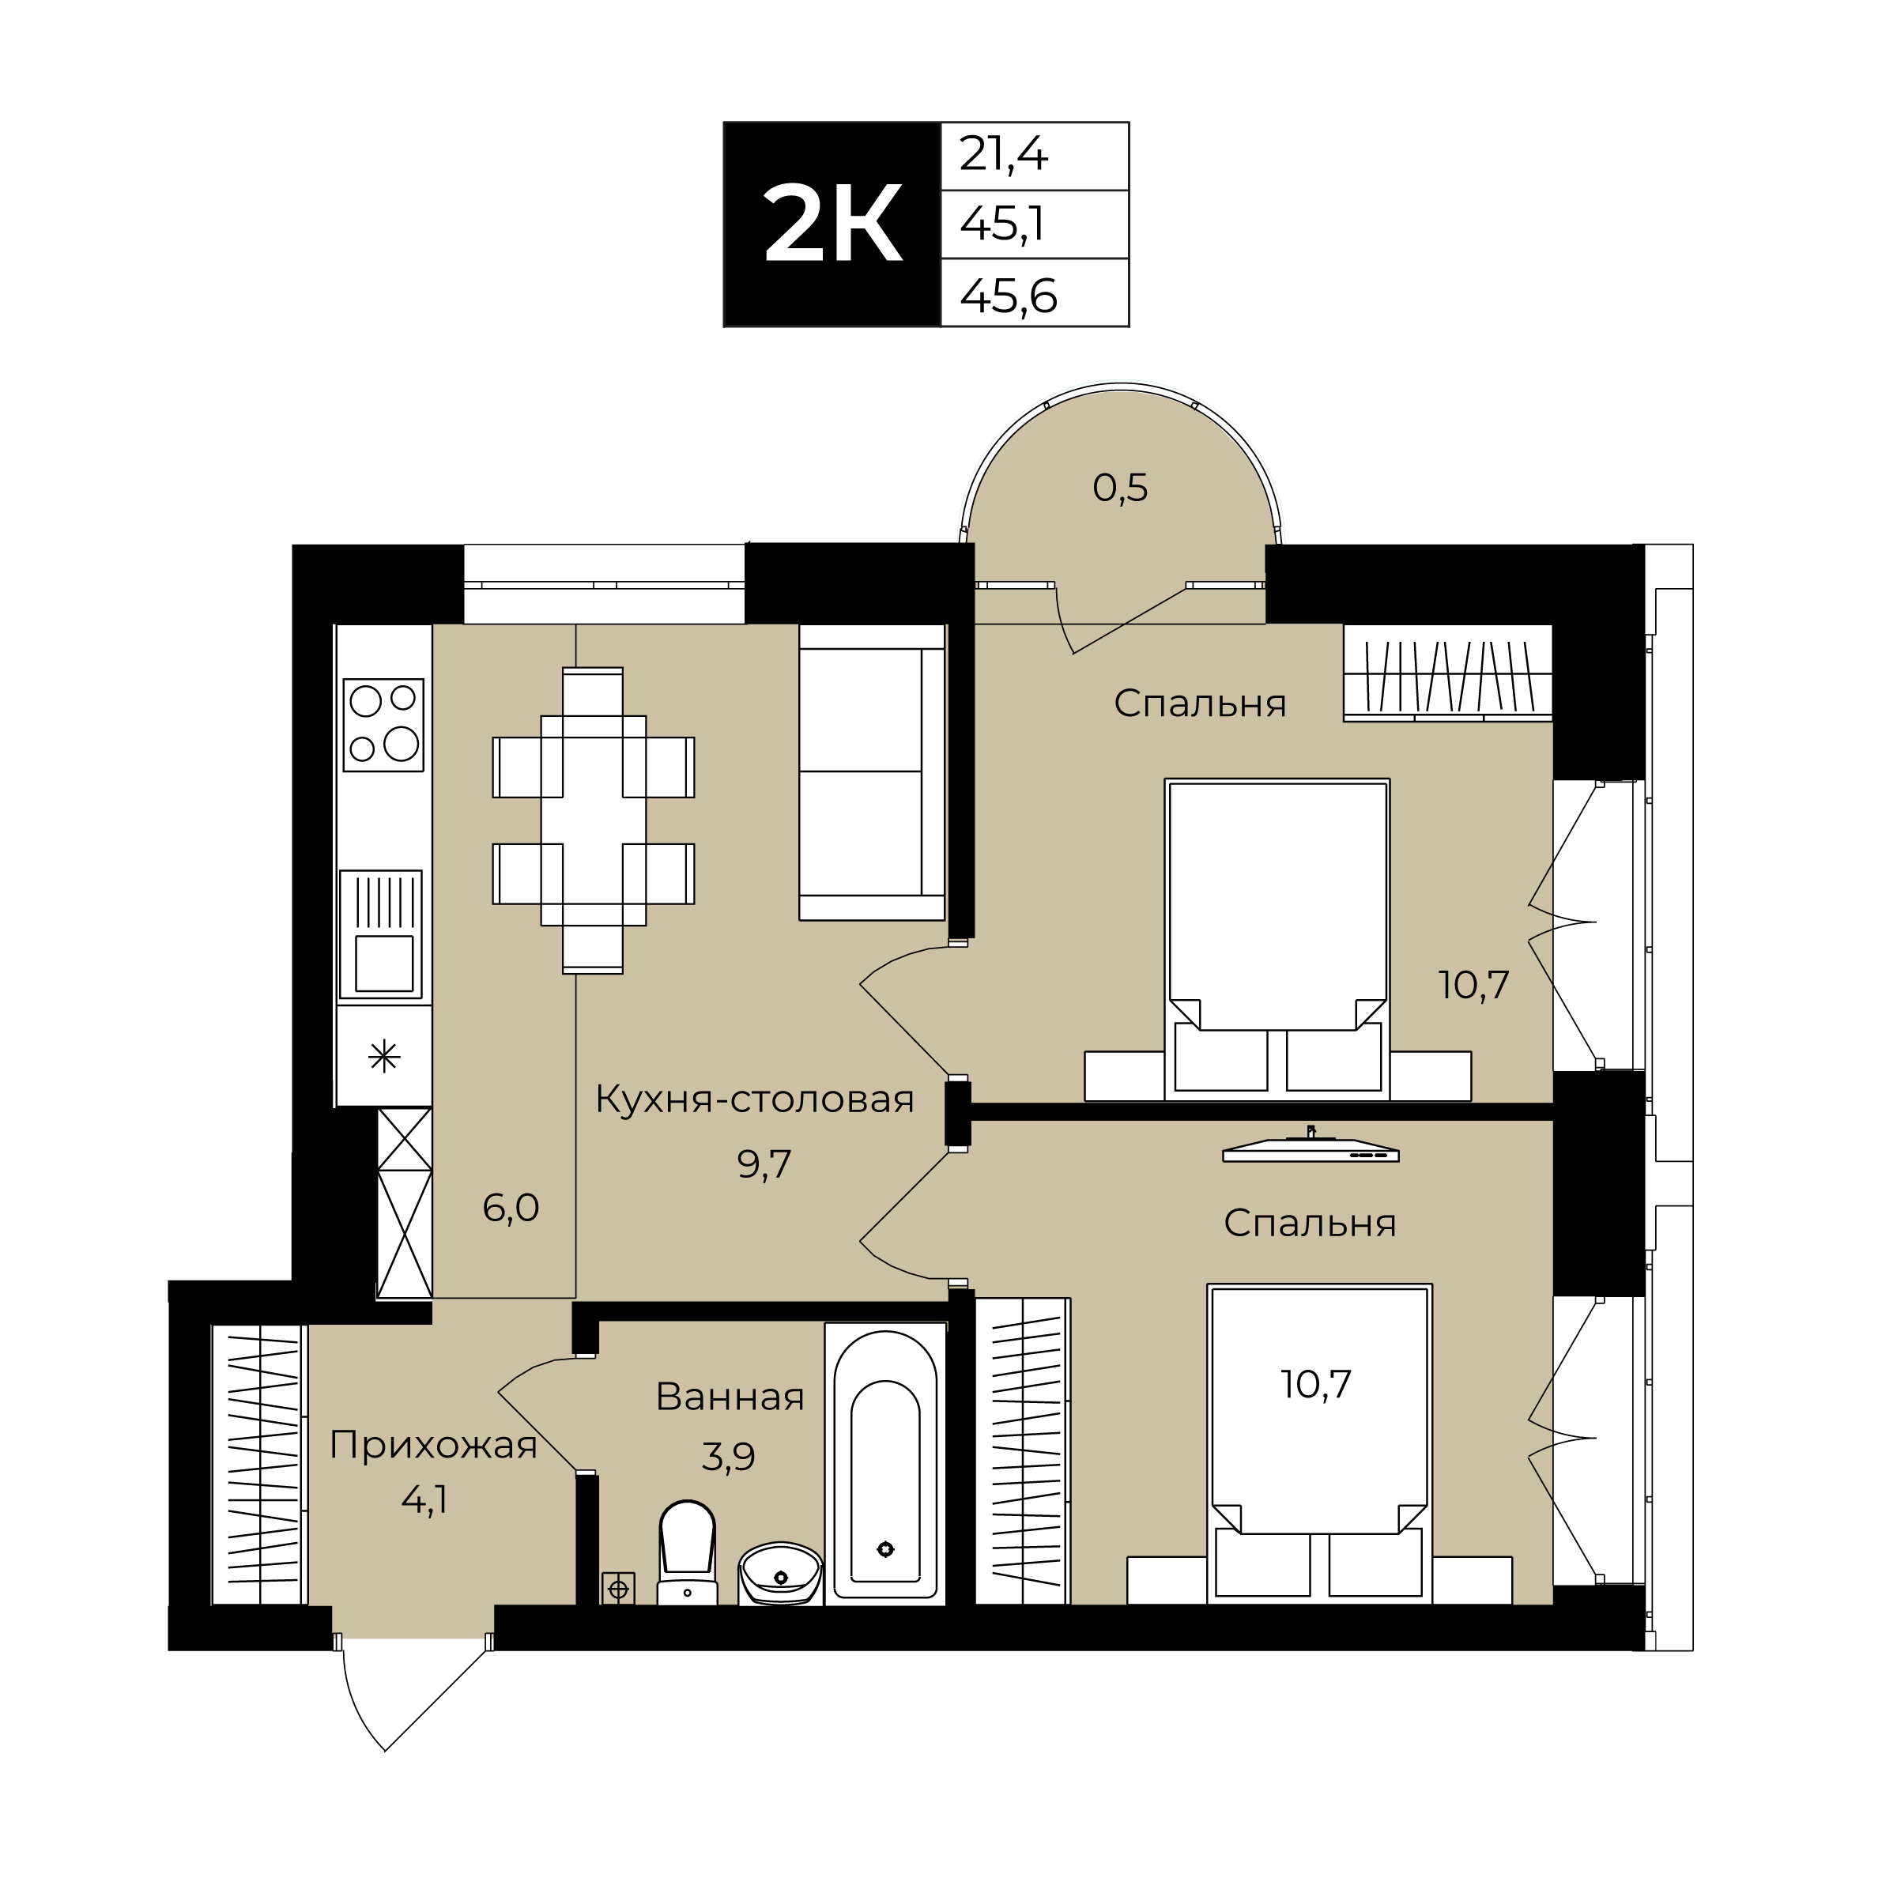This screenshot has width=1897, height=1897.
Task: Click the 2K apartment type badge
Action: point(832,224)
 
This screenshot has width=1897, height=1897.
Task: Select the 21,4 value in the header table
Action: point(1004,154)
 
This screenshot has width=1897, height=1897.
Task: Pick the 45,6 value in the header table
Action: point(1009,295)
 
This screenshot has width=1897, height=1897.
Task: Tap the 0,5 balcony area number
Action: point(1120,488)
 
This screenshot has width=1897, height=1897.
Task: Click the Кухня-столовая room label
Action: point(754,1099)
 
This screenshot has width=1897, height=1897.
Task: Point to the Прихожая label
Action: point(433,1446)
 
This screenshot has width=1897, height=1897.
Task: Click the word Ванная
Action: point(730,1396)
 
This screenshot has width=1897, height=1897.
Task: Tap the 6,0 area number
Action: point(511,1208)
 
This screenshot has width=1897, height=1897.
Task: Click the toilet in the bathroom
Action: point(688,1552)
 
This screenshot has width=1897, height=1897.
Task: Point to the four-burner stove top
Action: point(383,725)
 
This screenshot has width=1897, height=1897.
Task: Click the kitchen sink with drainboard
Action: point(381,933)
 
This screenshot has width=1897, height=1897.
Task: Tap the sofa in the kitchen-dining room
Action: point(872,773)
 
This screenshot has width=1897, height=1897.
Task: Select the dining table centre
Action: point(593,821)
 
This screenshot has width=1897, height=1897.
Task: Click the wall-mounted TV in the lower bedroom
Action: point(1311,1148)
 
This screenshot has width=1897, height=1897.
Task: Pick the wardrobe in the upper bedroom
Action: point(1447,673)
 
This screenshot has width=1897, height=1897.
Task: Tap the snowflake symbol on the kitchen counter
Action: point(384,1057)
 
